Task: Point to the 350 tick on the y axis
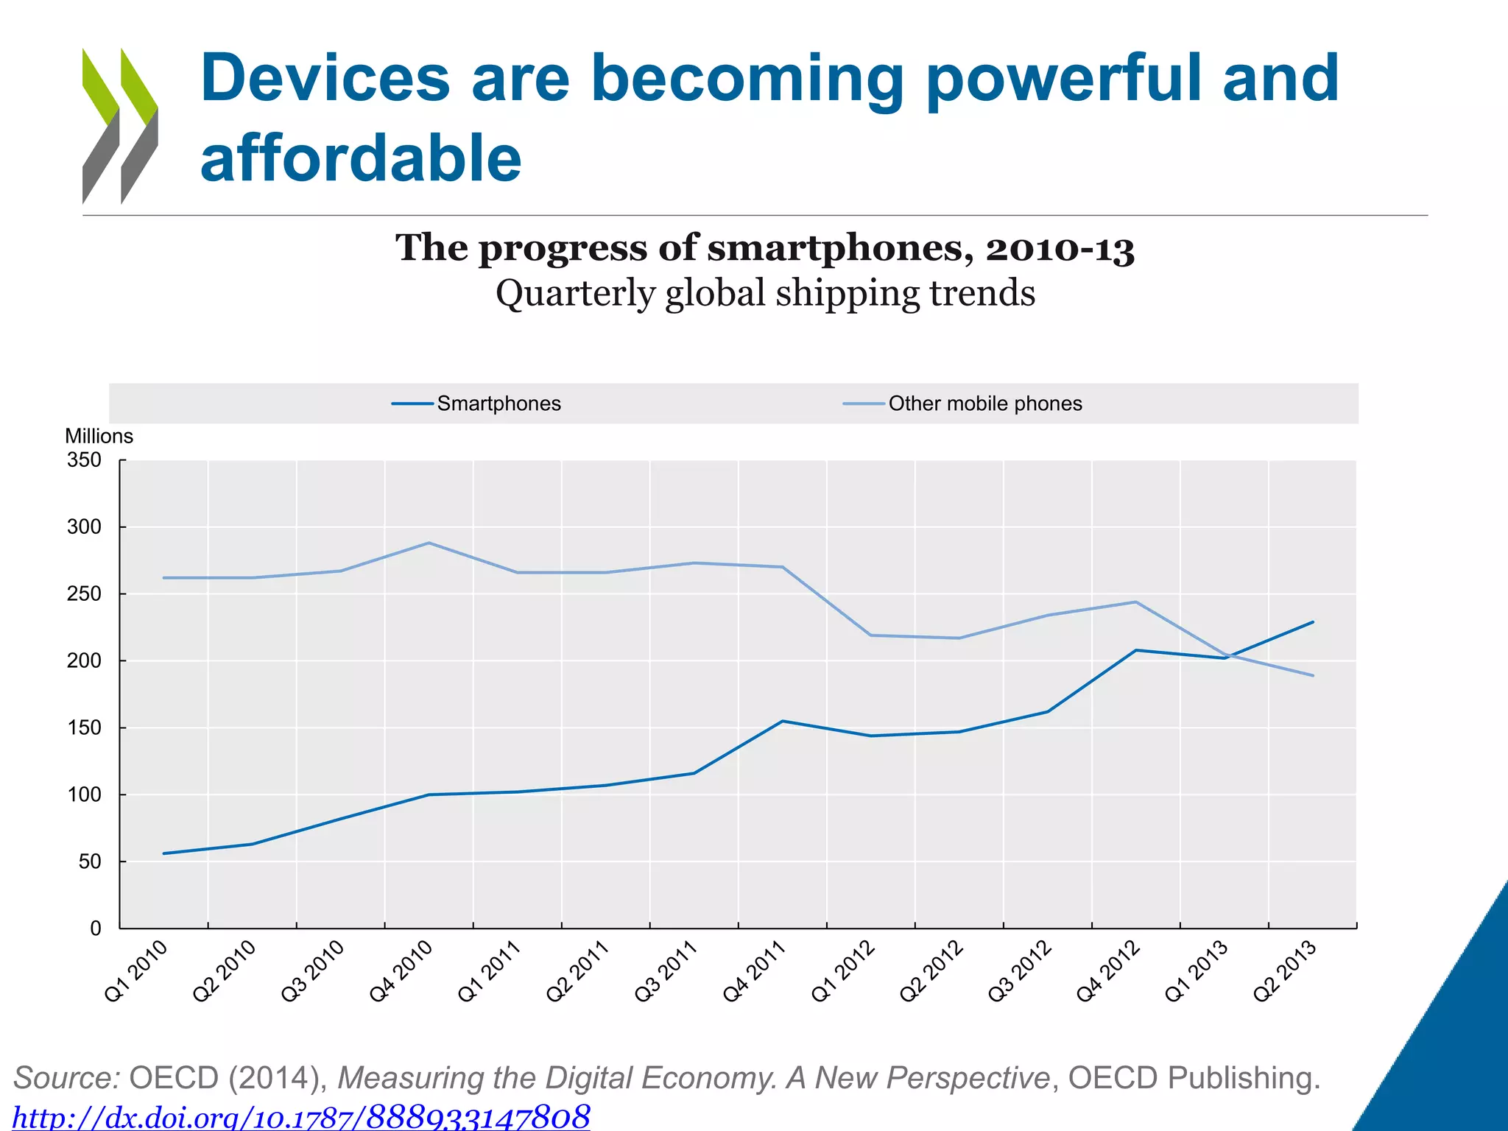(85, 460)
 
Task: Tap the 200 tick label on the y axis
(85, 661)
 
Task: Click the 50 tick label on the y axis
(89, 862)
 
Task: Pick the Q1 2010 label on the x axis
(137, 971)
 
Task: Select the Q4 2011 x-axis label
(755, 971)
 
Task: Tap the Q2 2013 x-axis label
(1285, 971)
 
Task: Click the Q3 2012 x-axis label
(1020, 971)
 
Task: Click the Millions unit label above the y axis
(99, 436)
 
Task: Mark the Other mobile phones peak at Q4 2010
(429, 543)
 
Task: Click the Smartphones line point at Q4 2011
(782, 721)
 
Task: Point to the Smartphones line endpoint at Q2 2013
(1313, 622)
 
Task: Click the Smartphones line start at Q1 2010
(163, 853)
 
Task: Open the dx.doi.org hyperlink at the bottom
(302, 1116)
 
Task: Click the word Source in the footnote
(66, 1078)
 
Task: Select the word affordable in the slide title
(361, 158)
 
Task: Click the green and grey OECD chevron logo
(120, 126)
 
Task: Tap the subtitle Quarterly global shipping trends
(765, 293)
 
